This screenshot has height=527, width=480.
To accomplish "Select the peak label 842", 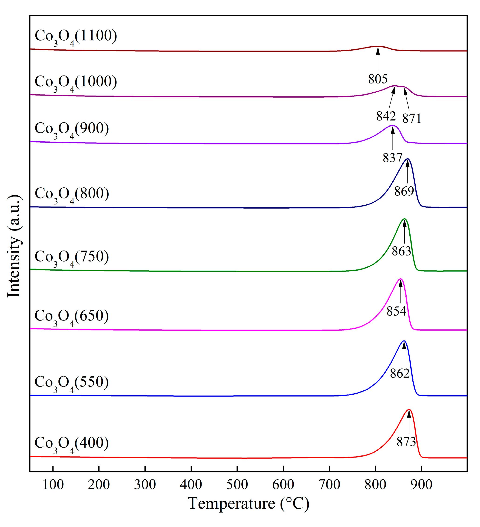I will (386, 116).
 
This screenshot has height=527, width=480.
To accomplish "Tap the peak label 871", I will (411, 118).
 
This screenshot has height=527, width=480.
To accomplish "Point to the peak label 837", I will (392, 158).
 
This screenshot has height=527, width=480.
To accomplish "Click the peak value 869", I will (404, 191).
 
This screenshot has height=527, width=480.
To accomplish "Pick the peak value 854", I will (396, 311).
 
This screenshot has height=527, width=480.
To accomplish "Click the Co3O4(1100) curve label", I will (76, 37).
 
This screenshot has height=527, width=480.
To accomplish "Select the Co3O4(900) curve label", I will (72, 129).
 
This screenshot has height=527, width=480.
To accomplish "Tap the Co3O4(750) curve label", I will (72, 258).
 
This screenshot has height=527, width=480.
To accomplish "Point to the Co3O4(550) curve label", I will (72, 383).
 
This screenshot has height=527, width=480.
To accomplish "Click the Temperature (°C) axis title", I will (248, 503).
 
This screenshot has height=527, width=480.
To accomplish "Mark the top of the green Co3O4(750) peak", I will (404, 219).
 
